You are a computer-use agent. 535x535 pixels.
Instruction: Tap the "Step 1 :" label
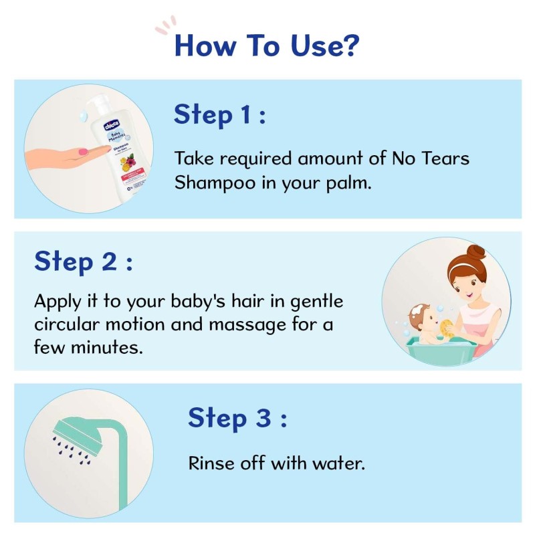220,115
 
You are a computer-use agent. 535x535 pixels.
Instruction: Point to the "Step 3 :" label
237,418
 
